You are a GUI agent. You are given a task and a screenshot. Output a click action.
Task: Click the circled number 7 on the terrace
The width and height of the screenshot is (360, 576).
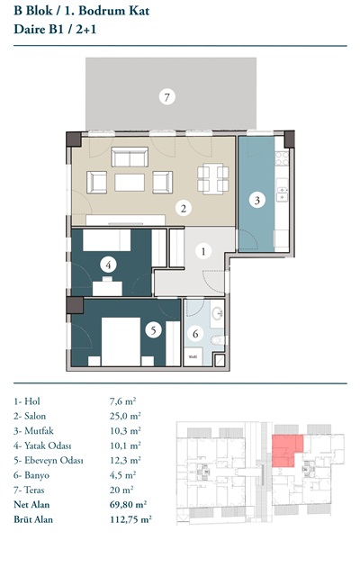167,97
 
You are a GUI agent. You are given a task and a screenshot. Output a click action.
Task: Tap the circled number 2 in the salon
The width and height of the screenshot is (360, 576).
184,209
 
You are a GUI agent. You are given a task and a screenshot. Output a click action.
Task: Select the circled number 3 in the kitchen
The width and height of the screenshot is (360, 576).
257,200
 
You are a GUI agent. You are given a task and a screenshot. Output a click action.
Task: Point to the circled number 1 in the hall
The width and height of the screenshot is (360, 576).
203,251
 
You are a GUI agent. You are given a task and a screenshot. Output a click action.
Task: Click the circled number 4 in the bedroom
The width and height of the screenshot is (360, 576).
108,265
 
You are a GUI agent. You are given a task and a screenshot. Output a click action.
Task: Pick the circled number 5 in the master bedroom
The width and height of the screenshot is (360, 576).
153,330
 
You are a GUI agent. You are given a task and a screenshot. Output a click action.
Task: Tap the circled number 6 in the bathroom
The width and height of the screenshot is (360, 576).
195,334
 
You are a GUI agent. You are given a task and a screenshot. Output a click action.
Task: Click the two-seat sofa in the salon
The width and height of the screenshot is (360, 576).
130,157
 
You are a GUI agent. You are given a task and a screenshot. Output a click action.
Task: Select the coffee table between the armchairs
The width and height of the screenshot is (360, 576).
130,183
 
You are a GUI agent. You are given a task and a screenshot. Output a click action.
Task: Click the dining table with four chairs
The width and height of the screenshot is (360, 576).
213,179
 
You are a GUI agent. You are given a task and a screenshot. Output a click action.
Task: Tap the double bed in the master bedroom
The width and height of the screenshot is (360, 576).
121,342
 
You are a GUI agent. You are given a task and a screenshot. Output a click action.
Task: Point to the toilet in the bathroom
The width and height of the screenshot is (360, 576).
218,340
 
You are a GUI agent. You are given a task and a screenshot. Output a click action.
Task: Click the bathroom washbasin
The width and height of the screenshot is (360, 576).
217,313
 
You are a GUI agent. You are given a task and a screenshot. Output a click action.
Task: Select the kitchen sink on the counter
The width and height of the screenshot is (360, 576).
282,193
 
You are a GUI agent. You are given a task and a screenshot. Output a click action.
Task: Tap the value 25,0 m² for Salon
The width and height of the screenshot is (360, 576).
125,416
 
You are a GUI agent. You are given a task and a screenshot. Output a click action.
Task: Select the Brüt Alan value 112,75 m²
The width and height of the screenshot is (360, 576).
130,519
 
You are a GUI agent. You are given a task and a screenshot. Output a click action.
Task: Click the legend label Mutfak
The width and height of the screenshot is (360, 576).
39,431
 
